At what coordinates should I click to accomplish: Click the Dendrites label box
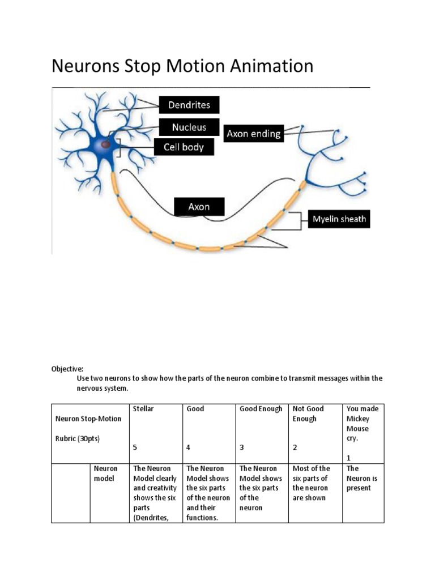tap(189, 105)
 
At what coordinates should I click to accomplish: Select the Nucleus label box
tap(189, 127)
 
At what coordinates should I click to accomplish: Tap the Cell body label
tap(184, 148)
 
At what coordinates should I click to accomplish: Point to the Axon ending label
tap(253, 134)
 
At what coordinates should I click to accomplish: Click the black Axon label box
tap(199, 207)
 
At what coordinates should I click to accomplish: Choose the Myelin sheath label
tap(338, 219)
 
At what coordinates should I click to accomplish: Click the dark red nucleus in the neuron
tap(105, 144)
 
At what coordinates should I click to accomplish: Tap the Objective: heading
tap(67, 368)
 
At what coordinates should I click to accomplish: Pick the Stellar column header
tap(143, 408)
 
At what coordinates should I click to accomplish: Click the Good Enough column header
tap(261, 408)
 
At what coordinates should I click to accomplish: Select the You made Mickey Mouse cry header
tap(362, 424)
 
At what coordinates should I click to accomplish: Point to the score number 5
tap(135, 447)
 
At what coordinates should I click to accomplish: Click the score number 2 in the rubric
tap(295, 447)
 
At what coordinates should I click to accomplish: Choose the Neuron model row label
tap(105, 474)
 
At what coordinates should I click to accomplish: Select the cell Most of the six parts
tap(311, 483)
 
